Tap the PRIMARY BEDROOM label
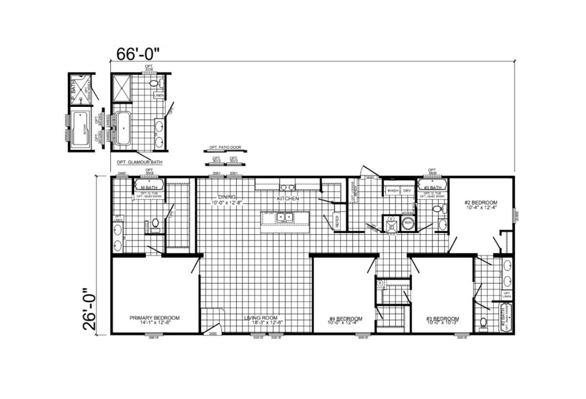(154, 318)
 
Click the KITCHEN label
(288, 199)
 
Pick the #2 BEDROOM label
(481, 202)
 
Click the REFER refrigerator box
(336, 221)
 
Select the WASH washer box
(393, 191)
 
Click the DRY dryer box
(407, 191)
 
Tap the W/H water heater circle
(407, 225)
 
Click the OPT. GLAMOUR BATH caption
(139, 162)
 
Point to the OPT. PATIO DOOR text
(225, 147)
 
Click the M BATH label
(148, 188)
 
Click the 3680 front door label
(213, 334)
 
